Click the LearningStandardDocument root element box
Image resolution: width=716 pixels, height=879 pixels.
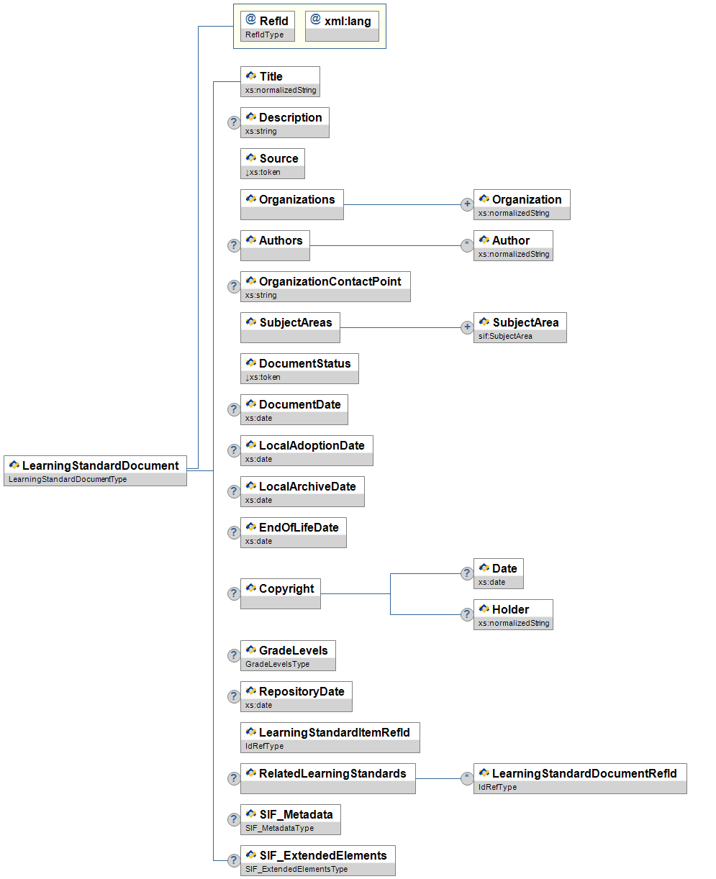[x=95, y=470]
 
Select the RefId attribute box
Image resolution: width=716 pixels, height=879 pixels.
[x=267, y=26]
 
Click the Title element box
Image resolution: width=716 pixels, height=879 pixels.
[x=280, y=81]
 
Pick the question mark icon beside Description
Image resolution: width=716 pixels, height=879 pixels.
[x=234, y=122]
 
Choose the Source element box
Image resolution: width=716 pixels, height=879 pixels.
[x=272, y=163]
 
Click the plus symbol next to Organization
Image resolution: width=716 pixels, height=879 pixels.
[x=467, y=204]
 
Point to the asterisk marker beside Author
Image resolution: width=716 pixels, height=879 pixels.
[x=467, y=245]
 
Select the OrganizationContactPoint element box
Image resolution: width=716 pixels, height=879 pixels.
[x=325, y=286]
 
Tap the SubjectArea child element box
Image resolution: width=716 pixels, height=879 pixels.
[x=520, y=327]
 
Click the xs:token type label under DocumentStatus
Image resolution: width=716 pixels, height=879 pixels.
[x=264, y=378]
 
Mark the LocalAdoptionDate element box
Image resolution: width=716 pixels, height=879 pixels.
[x=307, y=450]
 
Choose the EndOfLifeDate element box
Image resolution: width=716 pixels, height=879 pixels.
[x=293, y=532]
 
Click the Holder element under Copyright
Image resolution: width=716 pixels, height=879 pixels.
[x=513, y=614]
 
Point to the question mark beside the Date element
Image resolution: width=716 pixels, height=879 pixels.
[x=467, y=573]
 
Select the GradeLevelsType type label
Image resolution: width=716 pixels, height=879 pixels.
[x=278, y=665]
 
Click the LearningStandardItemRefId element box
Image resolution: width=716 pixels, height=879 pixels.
[x=330, y=737]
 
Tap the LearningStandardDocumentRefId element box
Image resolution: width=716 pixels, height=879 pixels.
[x=580, y=778]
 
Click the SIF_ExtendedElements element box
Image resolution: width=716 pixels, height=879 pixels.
[x=317, y=860]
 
